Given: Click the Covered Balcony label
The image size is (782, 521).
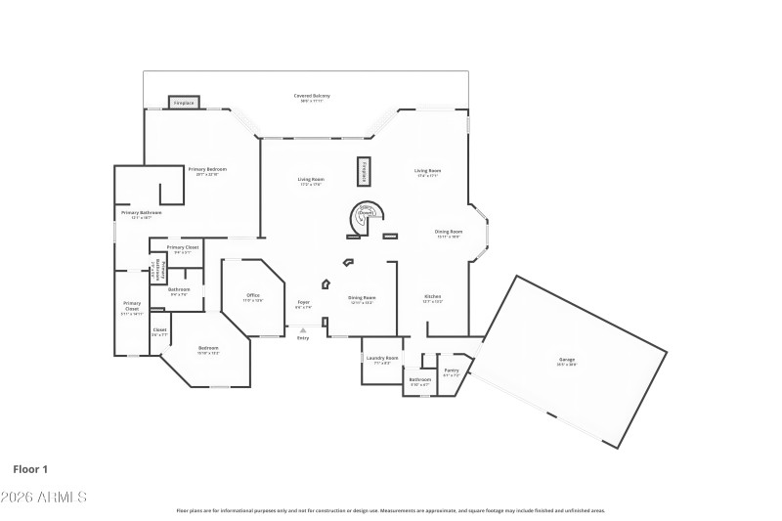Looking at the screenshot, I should point(312,97).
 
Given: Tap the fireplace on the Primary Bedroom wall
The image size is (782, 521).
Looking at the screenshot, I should point(184,103).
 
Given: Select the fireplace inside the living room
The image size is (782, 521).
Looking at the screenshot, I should point(363,170).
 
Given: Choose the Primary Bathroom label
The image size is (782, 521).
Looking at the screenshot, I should point(141,214).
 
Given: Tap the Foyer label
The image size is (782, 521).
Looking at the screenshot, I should point(303,304).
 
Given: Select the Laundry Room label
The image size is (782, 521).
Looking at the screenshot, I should point(382,360).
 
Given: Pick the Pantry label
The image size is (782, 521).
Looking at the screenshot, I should point(451,371).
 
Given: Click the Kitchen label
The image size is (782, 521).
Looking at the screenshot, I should point(432,298).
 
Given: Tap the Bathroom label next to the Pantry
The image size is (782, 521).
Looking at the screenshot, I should point(419,381).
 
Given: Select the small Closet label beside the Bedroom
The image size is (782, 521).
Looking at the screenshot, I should point(159,331).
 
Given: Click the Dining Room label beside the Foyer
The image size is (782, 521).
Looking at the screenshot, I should point(363,299).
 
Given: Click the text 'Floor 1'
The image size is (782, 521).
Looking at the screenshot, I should point(30,469).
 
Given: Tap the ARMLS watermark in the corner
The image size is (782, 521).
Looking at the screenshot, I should point(44,497).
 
